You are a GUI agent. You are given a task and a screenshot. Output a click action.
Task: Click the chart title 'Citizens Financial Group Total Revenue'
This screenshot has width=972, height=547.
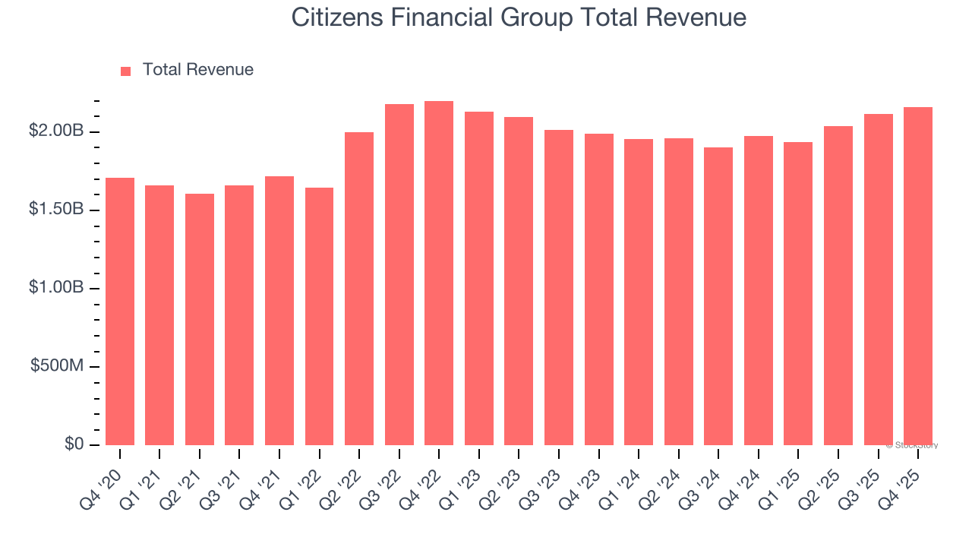click(x=519, y=17)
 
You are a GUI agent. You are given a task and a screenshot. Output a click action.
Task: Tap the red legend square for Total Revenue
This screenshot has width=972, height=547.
click(x=126, y=71)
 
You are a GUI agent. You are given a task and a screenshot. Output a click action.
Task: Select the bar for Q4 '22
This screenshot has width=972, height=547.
click(x=439, y=273)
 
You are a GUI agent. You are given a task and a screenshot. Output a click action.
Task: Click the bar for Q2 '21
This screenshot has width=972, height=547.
click(x=199, y=319)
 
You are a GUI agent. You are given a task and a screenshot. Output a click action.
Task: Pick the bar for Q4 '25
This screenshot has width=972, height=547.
click(x=918, y=277)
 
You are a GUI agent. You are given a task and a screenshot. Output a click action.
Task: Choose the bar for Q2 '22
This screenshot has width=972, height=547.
click(x=359, y=289)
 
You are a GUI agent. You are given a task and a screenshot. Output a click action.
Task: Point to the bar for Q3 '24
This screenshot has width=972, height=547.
click(x=718, y=296)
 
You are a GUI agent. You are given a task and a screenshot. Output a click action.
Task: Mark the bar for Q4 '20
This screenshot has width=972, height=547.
click(x=119, y=311)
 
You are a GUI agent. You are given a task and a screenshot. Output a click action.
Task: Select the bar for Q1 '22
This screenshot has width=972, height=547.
click(x=319, y=316)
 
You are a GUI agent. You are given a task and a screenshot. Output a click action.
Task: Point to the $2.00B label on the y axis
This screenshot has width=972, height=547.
click(x=56, y=131)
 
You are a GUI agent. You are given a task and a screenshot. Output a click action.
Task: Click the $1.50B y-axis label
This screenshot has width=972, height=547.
click(x=56, y=210)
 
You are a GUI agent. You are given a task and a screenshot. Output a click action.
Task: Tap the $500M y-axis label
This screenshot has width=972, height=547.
click(x=57, y=366)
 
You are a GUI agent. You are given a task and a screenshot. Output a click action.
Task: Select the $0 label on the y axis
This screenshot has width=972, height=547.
click(x=74, y=444)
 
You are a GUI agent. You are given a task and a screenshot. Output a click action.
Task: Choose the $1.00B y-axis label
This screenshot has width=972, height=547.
click(x=56, y=288)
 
